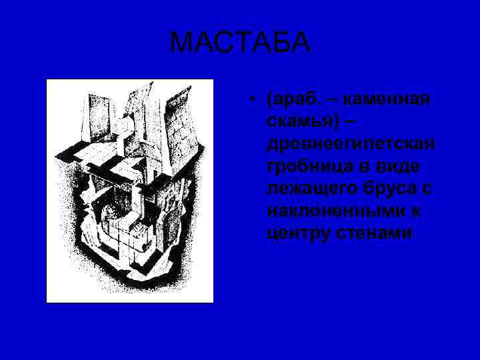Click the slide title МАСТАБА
[x=240, y=43]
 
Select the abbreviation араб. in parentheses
[x=291, y=100]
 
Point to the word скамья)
[x=300, y=122]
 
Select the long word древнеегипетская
[x=351, y=144]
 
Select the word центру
[x=296, y=234]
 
